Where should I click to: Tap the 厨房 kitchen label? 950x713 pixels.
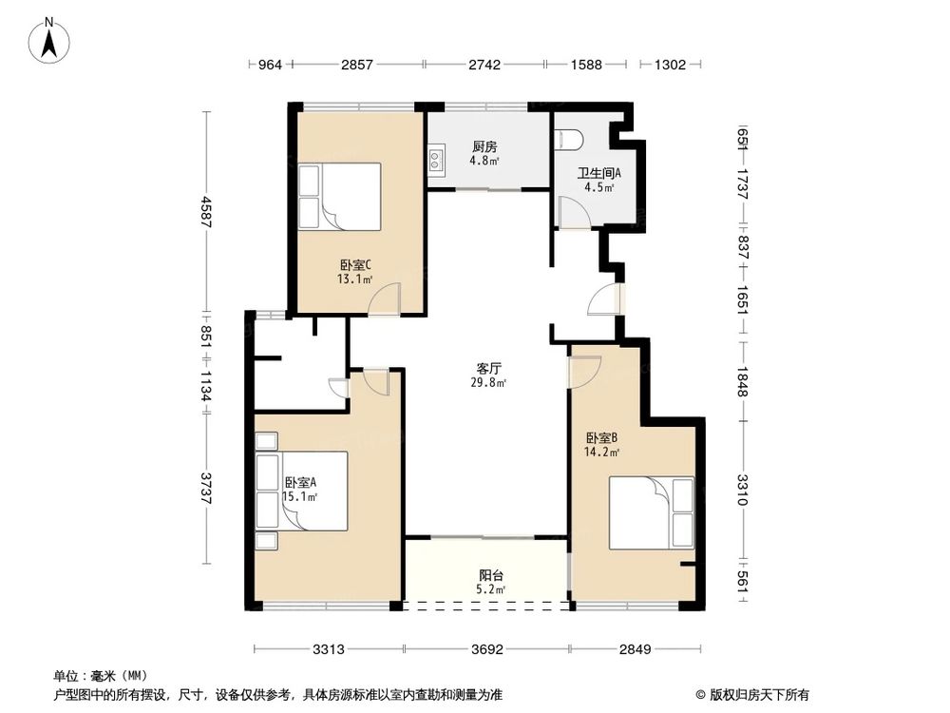click(x=484, y=147)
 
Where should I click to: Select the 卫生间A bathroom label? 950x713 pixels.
click(x=599, y=173)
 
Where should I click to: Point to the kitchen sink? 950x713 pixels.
click(x=436, y=161)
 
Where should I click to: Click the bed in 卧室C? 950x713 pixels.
click(x=339, y=196)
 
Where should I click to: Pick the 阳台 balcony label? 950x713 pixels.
click(x=490, y=576)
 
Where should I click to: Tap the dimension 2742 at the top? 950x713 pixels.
click(x=484, y=65)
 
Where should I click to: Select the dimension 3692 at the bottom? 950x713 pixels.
click(x=486, y=650)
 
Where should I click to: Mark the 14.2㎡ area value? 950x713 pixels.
click(x=602, y=453)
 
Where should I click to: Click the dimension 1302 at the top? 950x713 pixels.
click(x=670, y=65)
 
